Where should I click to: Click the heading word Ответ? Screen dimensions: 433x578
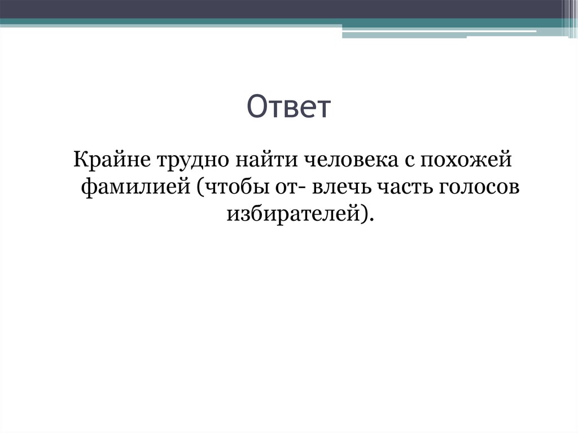(288, 107)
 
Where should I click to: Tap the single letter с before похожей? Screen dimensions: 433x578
(409, 161)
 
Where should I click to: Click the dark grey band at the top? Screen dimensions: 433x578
(282, 8)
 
